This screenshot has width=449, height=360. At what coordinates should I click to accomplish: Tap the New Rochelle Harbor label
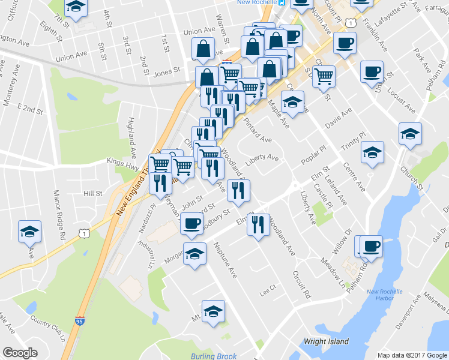click(x=401, y=296)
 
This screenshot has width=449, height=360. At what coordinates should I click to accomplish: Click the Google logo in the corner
click(x=20, y=353)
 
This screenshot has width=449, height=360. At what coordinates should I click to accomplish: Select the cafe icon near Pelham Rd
click(x=372, y=245)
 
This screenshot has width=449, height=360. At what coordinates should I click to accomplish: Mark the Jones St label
click(x=167, y=71)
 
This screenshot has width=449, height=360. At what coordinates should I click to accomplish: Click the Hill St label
click(x=94, y=193)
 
